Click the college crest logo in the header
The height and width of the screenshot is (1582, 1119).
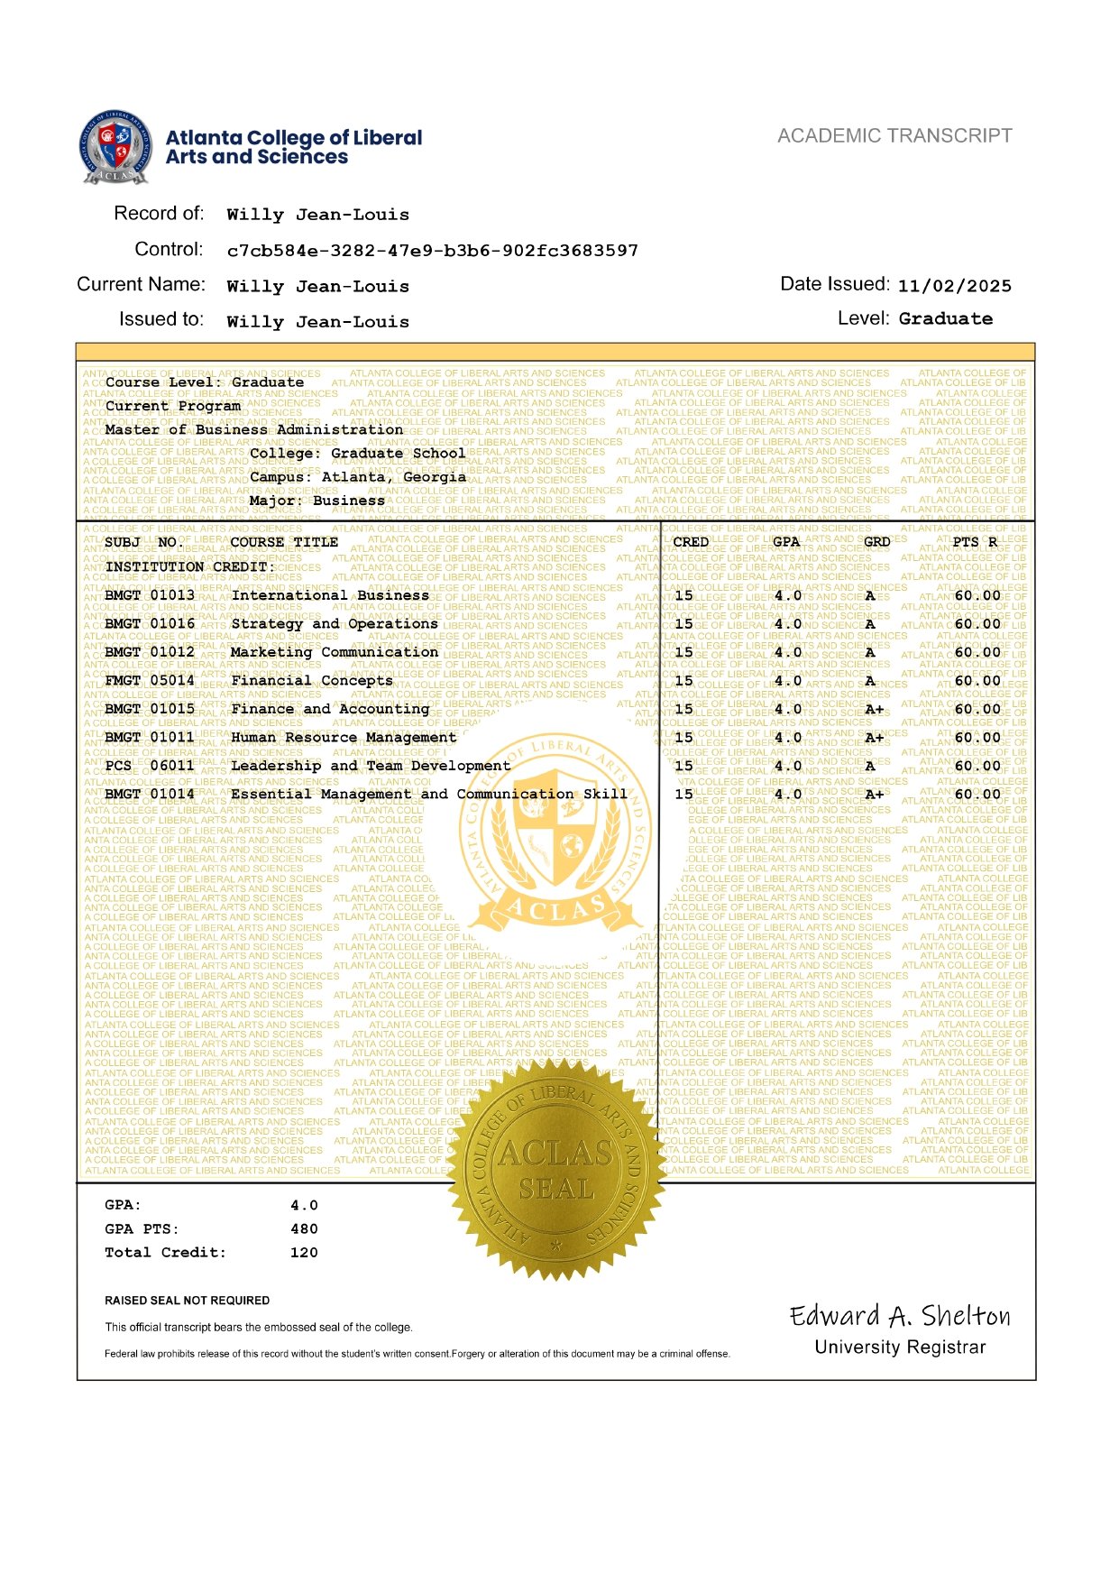115,147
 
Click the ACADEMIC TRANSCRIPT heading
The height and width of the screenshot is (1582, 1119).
894,136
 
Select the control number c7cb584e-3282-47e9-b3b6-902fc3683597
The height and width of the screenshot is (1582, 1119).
432,251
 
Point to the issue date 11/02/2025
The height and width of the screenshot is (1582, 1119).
954,286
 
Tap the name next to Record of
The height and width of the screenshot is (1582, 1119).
317,215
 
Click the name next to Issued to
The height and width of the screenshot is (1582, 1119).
317,322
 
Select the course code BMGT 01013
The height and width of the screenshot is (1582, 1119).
150,595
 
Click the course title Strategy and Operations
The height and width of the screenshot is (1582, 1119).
334,624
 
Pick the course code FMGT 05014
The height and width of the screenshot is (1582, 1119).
150,681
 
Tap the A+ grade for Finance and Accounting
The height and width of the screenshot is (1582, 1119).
874,710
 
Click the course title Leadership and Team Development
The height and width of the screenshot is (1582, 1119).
371,767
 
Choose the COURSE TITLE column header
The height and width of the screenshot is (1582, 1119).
284,542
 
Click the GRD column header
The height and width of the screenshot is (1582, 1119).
876,542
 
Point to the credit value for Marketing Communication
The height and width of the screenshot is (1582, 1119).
684,652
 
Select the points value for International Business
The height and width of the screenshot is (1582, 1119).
977,595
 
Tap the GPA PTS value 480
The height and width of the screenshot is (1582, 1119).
304,1229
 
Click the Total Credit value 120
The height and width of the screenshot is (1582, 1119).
304,1253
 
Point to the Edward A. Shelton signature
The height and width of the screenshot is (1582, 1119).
900,1317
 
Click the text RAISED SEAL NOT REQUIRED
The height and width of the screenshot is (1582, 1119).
188,1301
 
